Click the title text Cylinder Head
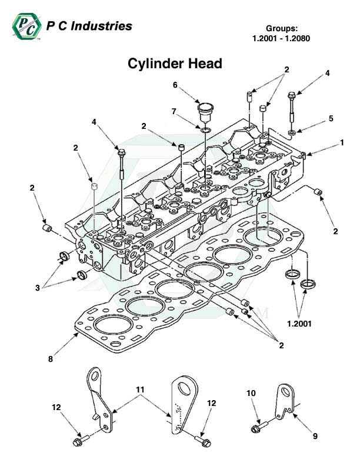coord(175,64)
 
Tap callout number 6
coord(175,85)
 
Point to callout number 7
coord(174,111)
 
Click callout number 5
coord(331,118)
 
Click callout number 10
coord(251,392)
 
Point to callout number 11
coord(140,389)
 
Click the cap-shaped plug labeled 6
coord(204,111)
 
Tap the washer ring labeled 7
coord(204,129)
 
